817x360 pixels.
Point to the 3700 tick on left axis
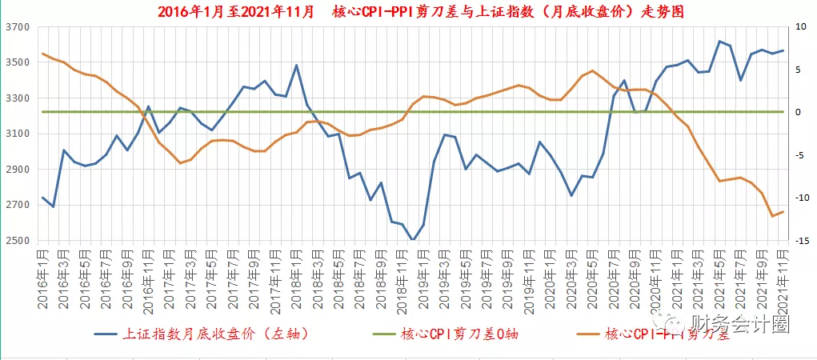tap(17, 27)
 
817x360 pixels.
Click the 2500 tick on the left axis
tap(17, 241)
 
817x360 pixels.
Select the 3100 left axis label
tap(17, 134)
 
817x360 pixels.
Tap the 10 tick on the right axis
tap(801, 27)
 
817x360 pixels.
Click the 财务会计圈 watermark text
tap(740, 324)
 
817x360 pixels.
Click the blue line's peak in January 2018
tap(296, 66)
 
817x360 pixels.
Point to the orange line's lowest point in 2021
tap(772, 216)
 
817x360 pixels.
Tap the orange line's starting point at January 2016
tap(42, 54)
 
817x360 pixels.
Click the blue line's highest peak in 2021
tap(720, 41)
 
